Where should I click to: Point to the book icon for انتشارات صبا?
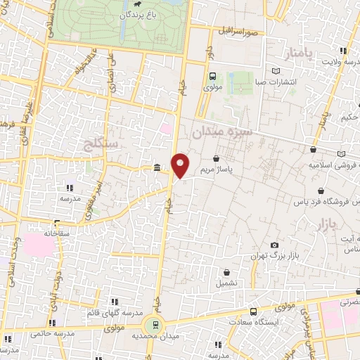275,71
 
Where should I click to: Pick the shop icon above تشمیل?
227,272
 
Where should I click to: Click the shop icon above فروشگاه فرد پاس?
321,191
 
